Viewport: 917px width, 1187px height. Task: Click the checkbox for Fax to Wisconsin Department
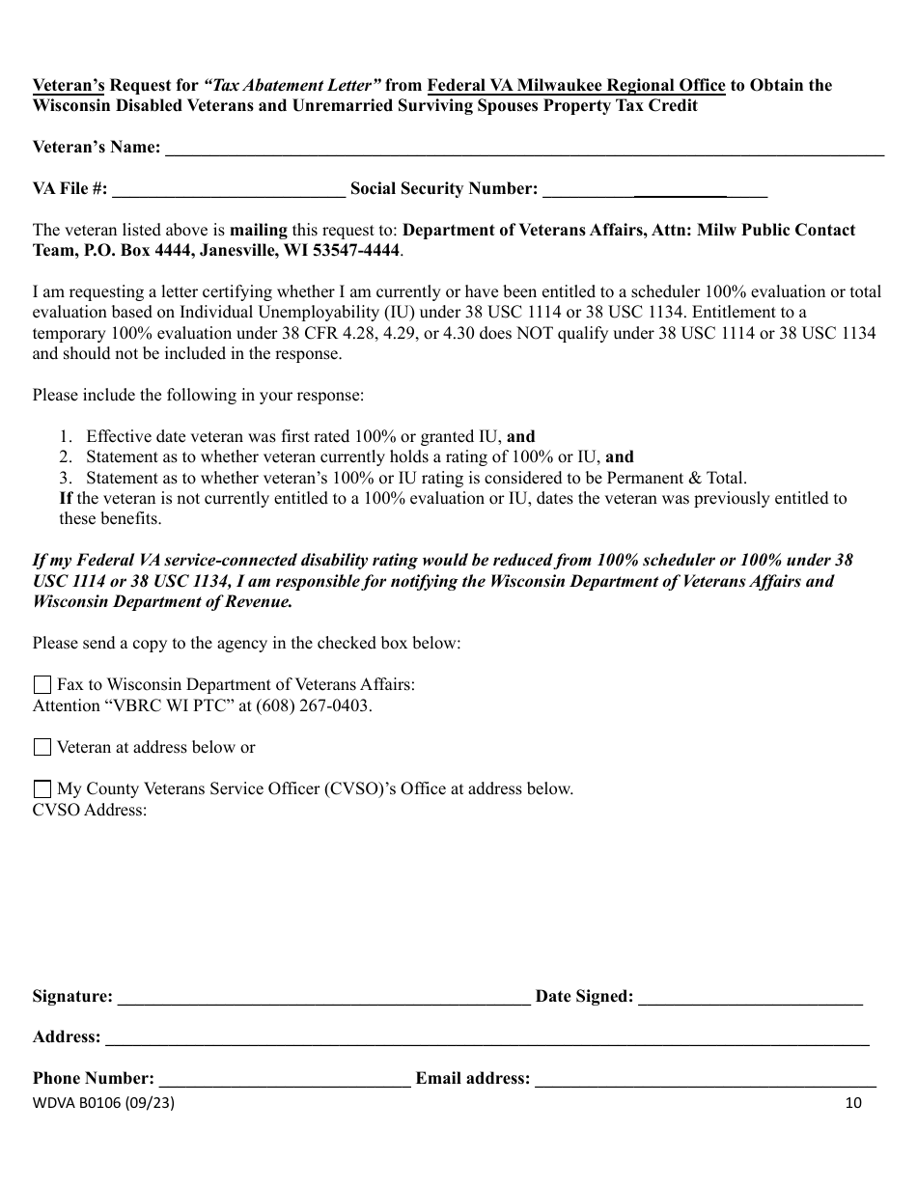42,685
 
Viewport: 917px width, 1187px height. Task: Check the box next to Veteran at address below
42,747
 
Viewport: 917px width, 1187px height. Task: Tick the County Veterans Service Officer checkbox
42,789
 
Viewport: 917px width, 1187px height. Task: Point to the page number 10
852,1103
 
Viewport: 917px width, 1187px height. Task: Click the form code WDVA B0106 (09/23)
104,1103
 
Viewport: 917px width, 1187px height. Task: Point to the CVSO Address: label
90,810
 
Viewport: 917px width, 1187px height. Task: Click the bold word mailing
258,230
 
